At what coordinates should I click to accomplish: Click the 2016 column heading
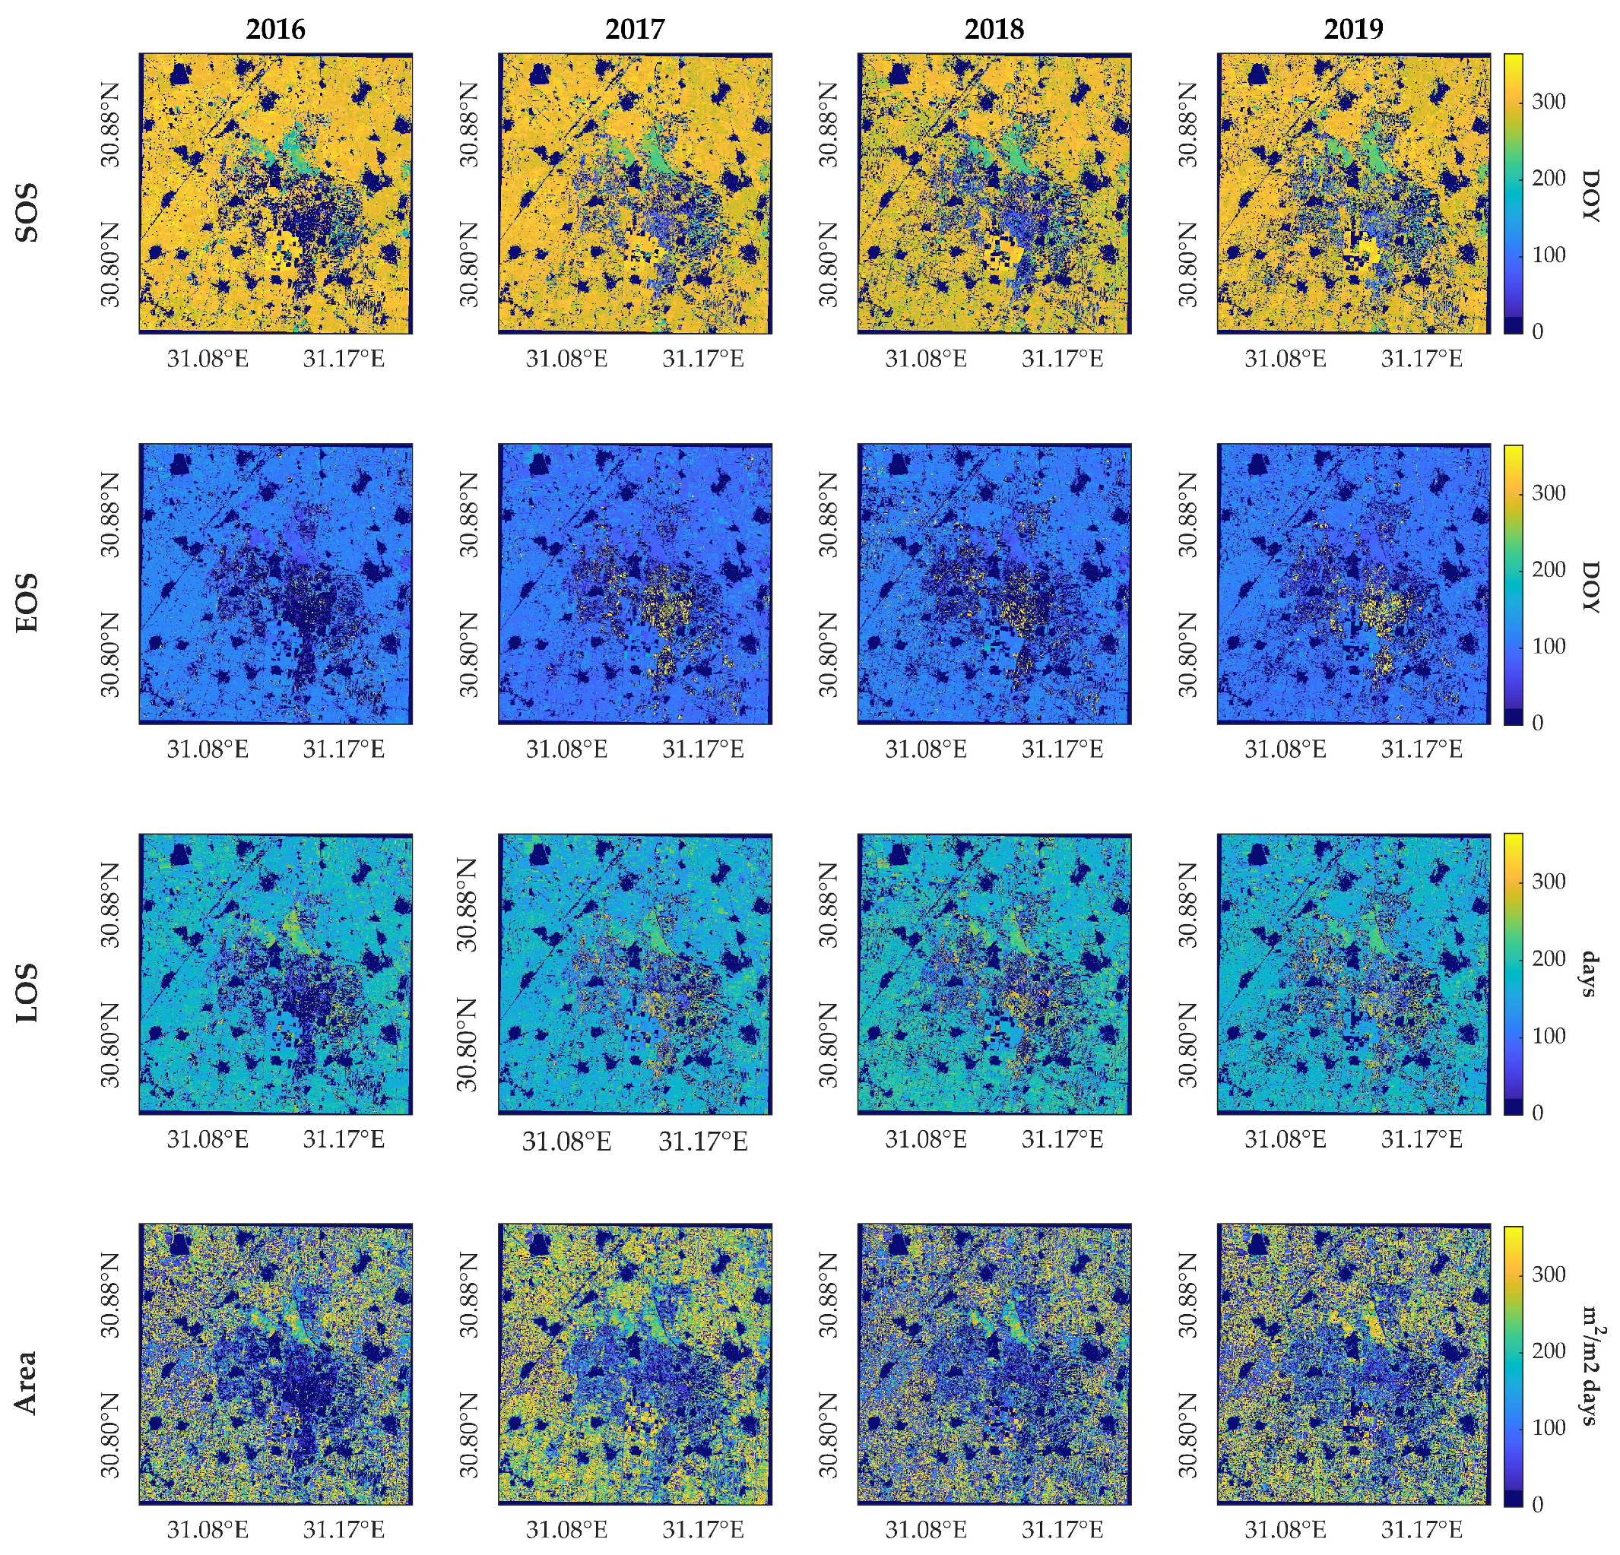pos(275,29)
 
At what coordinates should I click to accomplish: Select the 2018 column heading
pos(994,29)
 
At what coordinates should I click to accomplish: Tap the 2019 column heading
pos(1353,29)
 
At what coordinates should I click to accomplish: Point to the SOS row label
pos(27,213)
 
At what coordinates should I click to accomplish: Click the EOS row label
pos(27,603)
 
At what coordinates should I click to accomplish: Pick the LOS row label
pos(27,993)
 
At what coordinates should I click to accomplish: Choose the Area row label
pos(27,1382)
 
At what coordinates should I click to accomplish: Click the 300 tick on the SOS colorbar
pos(1548,102)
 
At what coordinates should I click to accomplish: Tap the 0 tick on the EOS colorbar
pos(1537,723)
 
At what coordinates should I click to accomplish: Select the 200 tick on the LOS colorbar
pos(1548,958)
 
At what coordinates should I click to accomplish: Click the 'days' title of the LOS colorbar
pos(1589,975)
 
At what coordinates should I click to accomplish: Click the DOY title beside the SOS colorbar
pos(1589,195)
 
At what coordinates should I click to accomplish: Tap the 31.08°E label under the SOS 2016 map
pos(208,359)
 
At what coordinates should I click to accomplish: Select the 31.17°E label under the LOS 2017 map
pos(702,1141)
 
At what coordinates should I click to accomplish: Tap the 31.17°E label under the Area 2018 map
pos(1062,1529)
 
